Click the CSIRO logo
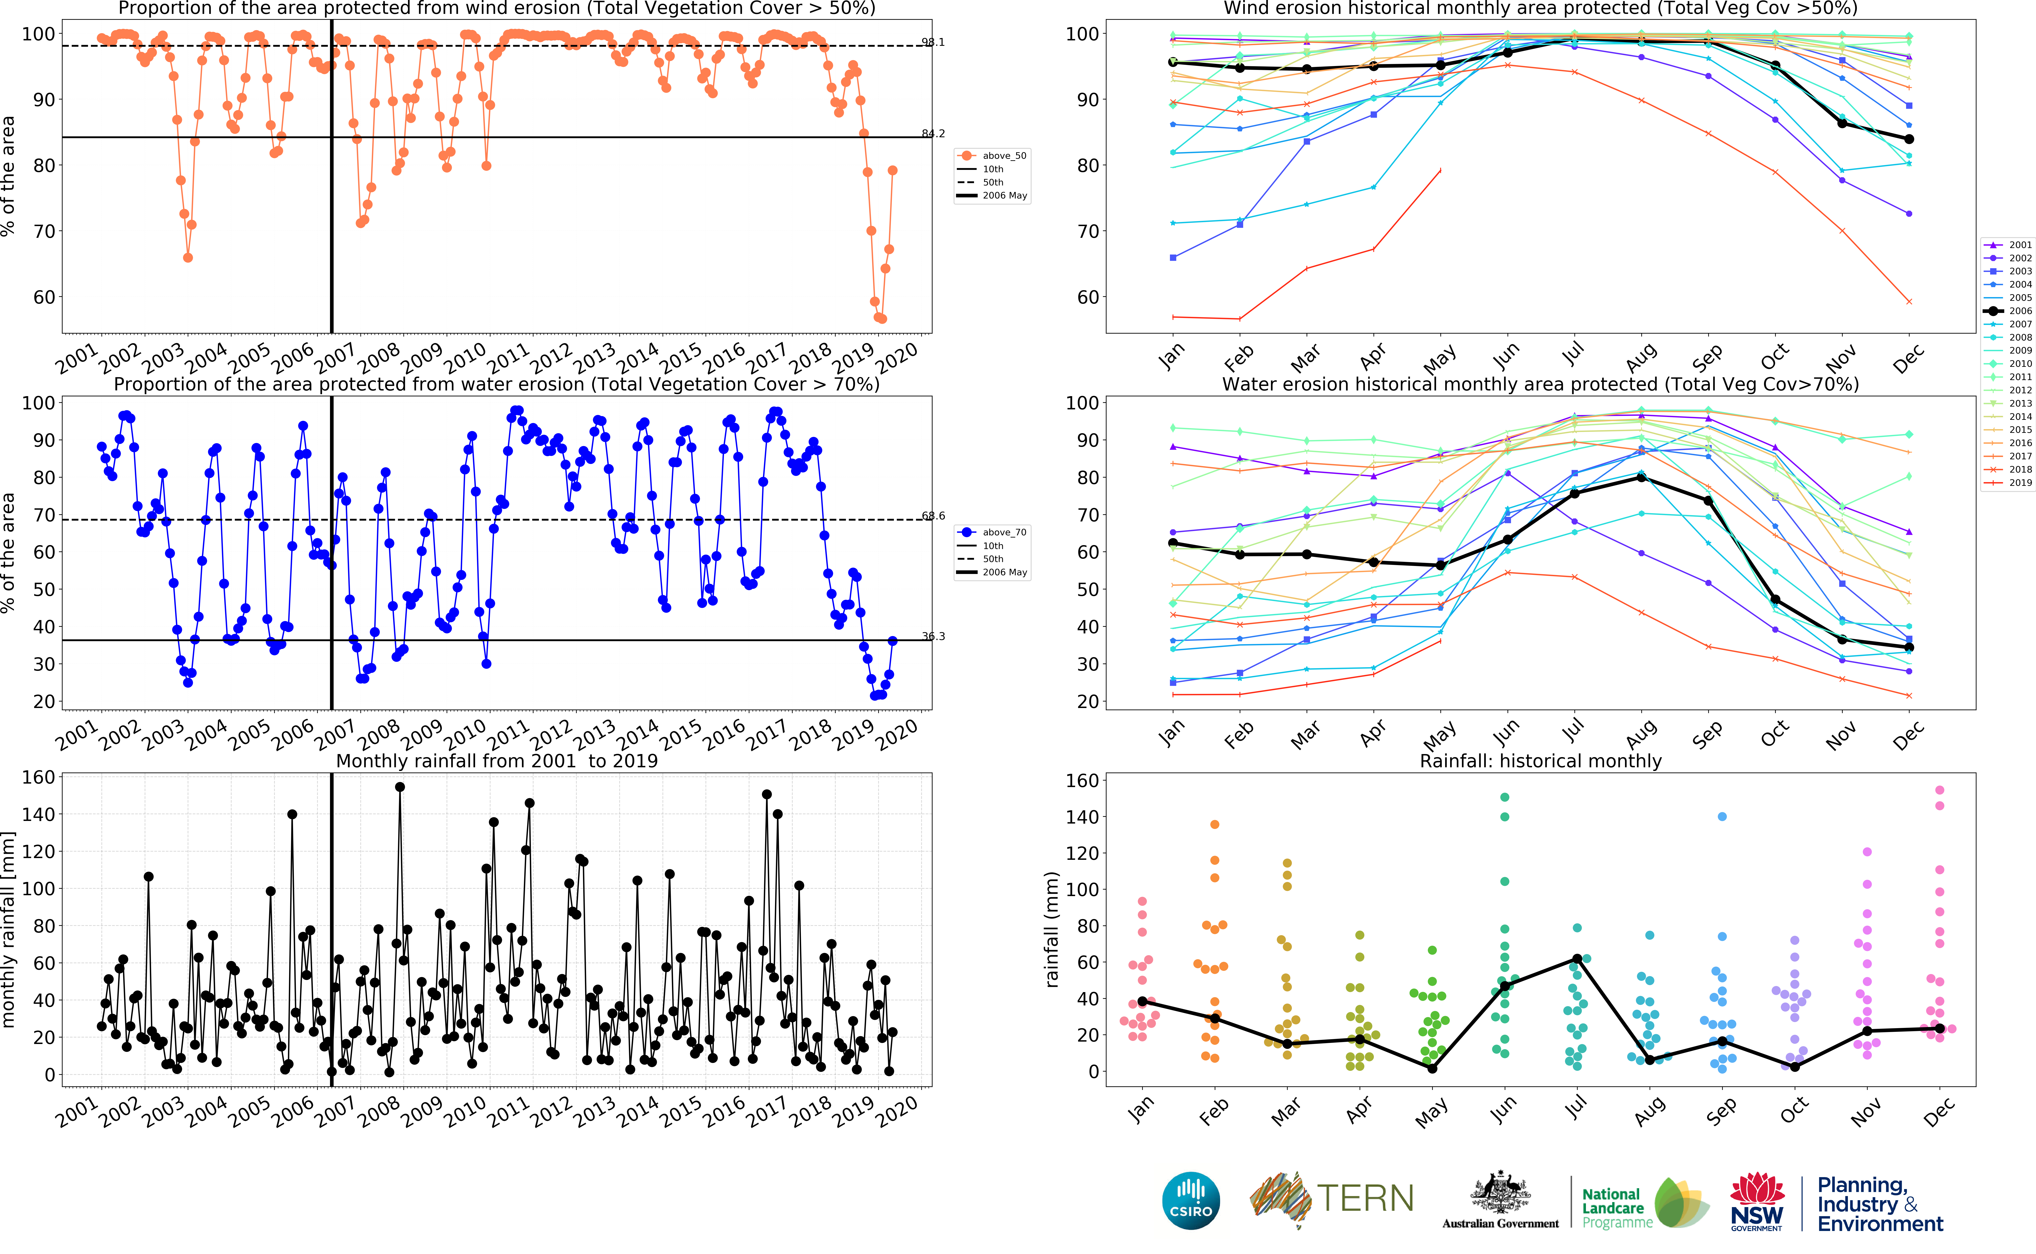coord(1191,1201)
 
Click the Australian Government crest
coord(1500,1194)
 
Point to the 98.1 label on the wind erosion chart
coord(933,42)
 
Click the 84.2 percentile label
coord(933,134)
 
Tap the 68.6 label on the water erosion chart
coord(933,516)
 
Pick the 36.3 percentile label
coord(933,636)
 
